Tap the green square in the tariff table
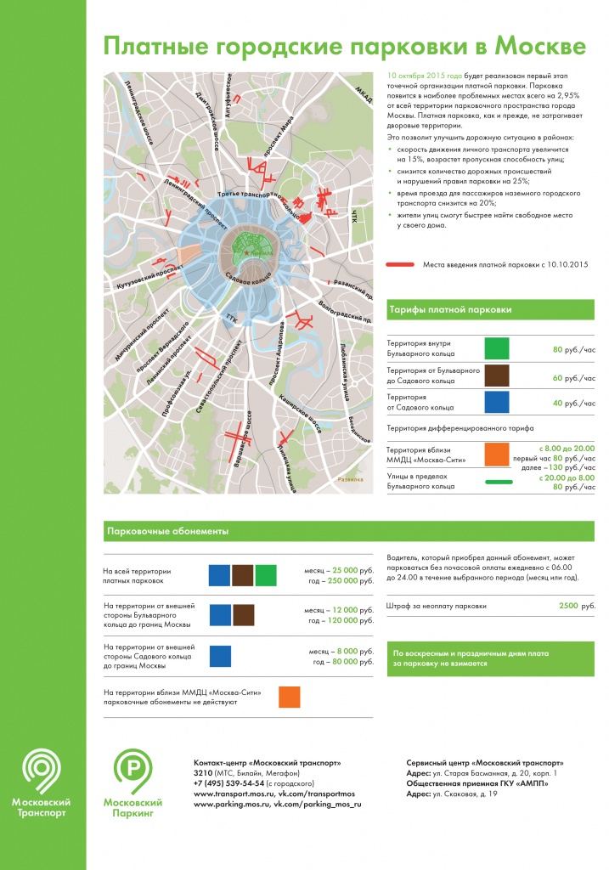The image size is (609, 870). (496, 347)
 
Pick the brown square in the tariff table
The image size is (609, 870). (496, 375)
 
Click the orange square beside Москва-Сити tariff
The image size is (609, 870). (496, 455)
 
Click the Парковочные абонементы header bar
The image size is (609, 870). (238, 532)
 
